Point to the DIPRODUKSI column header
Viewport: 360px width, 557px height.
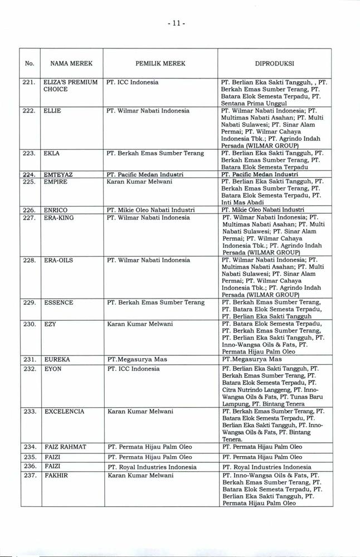274,64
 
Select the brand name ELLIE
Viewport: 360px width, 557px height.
52,111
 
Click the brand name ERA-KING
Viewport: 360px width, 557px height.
59,217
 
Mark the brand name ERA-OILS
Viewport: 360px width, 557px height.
58,260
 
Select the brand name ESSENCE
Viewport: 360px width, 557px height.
58,302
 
